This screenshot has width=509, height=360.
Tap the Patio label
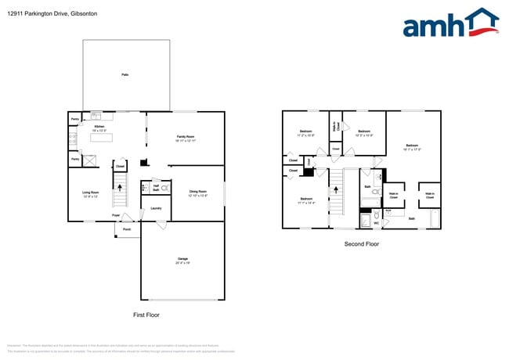coord(125,74)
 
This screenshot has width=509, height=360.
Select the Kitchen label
coord(99,128)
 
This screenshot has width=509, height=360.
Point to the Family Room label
coord(186,139)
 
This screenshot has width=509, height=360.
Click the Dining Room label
coord(197,193)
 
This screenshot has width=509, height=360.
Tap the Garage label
coord(182,259)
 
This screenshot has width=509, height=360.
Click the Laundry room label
coord(156,208)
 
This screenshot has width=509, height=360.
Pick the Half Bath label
coord(156,189)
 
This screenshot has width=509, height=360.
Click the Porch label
coord(126,229)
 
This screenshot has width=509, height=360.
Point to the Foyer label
coord(115,214)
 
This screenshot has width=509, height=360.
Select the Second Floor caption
coord(361,244)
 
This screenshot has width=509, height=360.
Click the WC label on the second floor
coord(376,223)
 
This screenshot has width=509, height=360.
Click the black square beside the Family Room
coord(143,163)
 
